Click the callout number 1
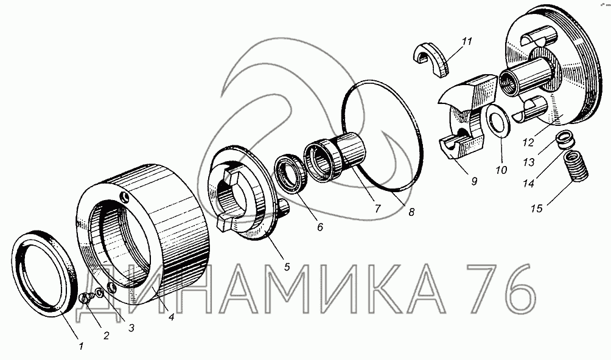81,346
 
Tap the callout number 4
170,317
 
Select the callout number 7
377,209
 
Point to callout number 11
467,41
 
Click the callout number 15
537,209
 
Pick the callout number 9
474,181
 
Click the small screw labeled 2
86,299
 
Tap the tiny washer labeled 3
100,292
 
